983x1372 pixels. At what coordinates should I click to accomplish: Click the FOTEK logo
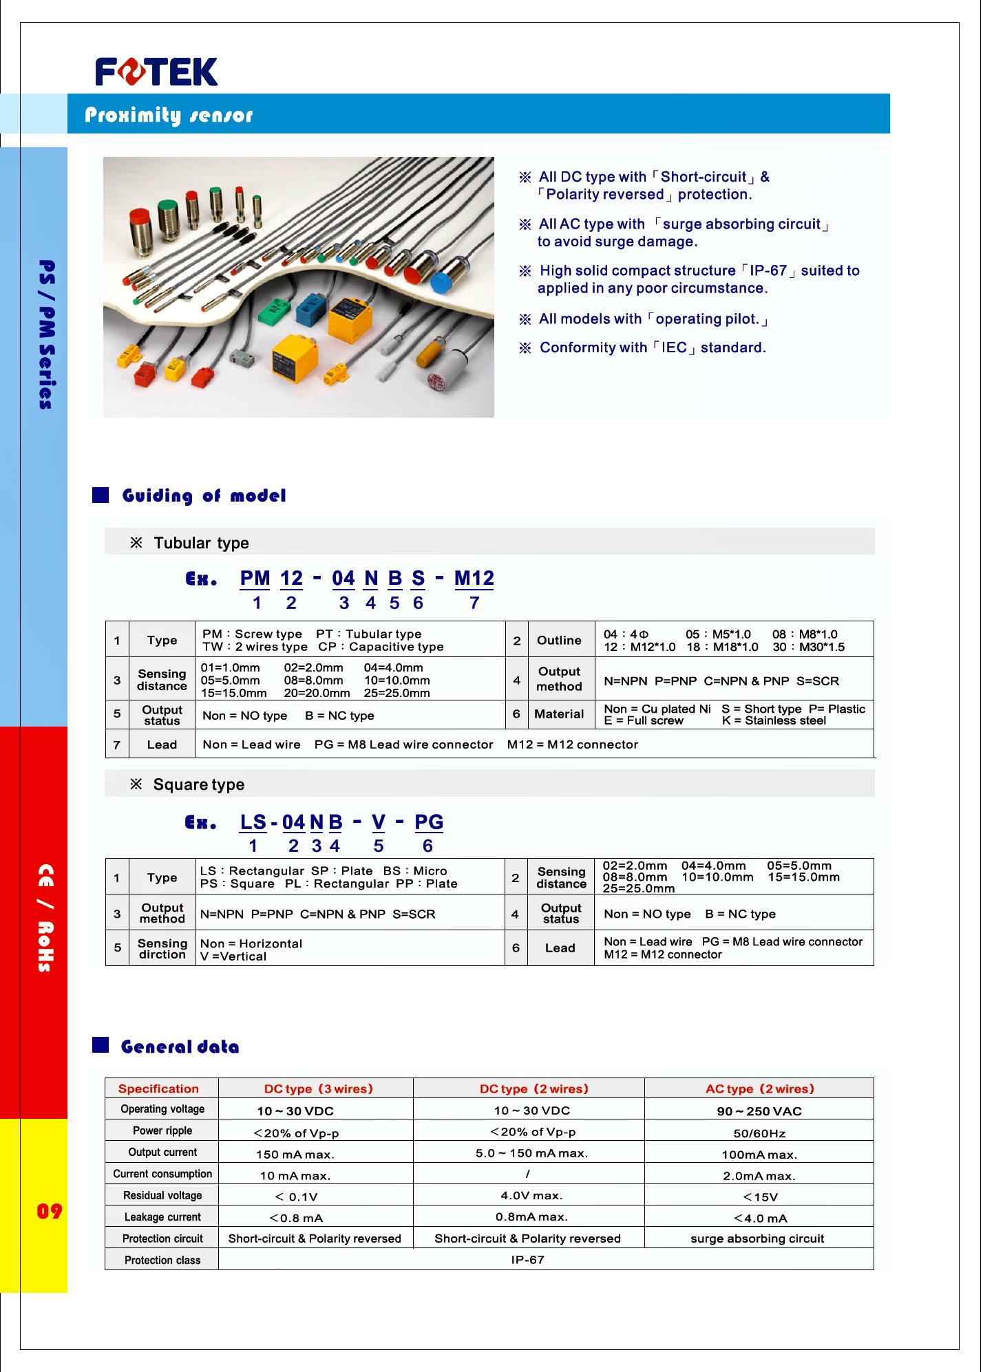point(156,72)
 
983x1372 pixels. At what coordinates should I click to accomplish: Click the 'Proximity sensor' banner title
point(169,115)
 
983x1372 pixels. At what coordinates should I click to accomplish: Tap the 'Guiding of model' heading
point(204,496)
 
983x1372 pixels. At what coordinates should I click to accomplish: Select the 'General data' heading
point(180,1047)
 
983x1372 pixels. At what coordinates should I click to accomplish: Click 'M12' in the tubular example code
point(474,579)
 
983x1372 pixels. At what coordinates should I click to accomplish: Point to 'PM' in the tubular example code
point(255,579)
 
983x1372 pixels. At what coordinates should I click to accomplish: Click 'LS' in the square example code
point(253,822)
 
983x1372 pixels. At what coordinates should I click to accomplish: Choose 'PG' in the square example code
point(428,822)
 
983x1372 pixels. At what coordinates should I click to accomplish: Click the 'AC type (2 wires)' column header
point(759,1089)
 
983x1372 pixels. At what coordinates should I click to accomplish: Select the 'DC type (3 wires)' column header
point(318,1089)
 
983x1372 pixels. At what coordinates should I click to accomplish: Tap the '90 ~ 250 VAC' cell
point(759,1111)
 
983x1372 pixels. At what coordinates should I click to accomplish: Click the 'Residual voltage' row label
point(162,1196)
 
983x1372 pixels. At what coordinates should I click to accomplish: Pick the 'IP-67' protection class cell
point(527,1260)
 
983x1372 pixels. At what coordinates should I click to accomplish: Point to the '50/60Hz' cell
point(759,1133)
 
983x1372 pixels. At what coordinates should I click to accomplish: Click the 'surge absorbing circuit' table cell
point(757,1239)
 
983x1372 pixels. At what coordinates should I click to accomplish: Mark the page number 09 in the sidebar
point(49,1211)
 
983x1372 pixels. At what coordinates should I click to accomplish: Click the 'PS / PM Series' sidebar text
point(46,334)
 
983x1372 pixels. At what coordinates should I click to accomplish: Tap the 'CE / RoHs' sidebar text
point(45,918)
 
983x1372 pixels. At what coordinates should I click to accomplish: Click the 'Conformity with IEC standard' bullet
point(652,347)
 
